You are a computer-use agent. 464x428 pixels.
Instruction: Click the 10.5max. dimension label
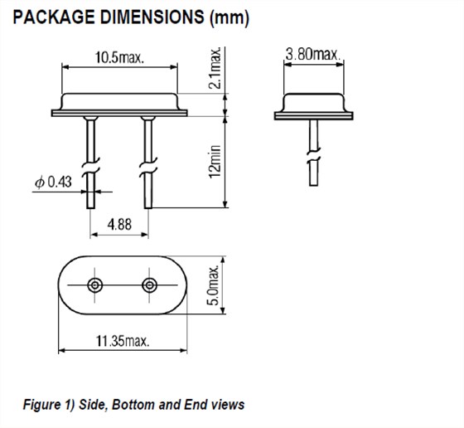[119, 57]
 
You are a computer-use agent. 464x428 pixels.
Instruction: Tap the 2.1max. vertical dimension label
[215, 67]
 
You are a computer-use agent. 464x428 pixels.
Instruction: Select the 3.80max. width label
[313, 54]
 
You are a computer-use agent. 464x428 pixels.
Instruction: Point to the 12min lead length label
[215, 162]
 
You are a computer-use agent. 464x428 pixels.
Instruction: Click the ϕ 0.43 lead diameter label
[53, 182]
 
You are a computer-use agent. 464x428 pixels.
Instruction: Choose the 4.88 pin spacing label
[119, 225]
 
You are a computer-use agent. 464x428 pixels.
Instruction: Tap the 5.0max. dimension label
[214, 285]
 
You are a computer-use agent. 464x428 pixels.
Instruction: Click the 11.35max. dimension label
[123, 341]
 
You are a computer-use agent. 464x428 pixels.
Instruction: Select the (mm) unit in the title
[230, 17]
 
